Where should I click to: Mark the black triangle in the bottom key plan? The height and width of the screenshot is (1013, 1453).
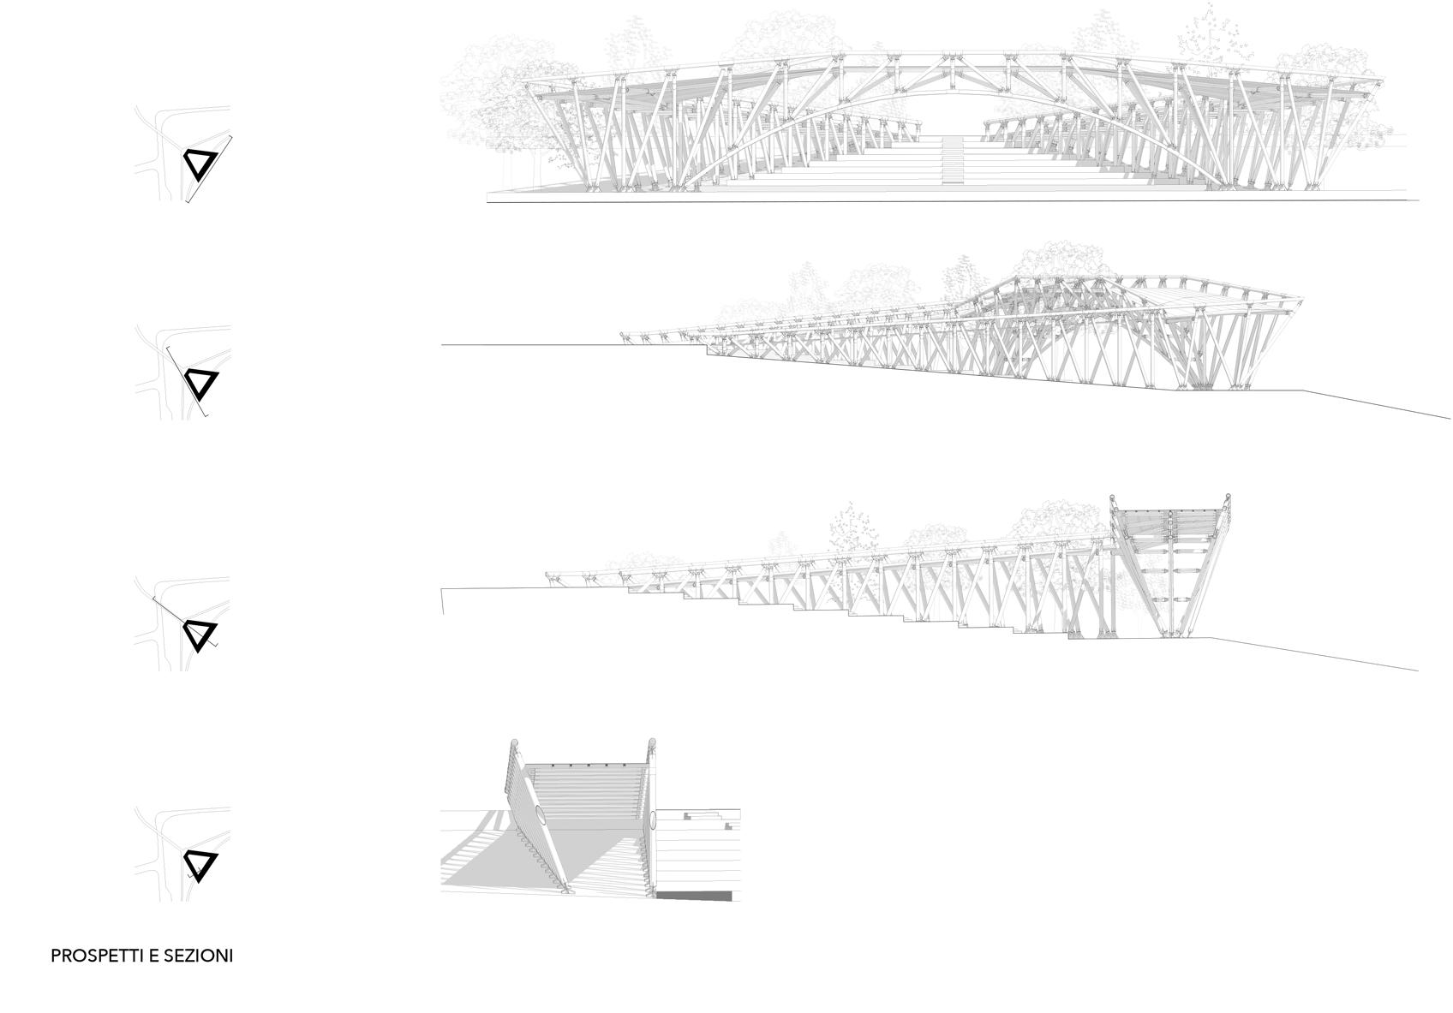click(201, 866)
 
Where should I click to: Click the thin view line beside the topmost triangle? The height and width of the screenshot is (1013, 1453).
click(211, 167)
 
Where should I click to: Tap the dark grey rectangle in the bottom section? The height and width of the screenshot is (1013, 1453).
click(695, 896)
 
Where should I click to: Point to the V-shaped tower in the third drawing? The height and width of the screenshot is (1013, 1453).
click(1170, 565)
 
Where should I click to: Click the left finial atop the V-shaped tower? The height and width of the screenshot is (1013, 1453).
click(1113, 498)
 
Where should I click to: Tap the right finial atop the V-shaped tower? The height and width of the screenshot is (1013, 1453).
click(1227, 498)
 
